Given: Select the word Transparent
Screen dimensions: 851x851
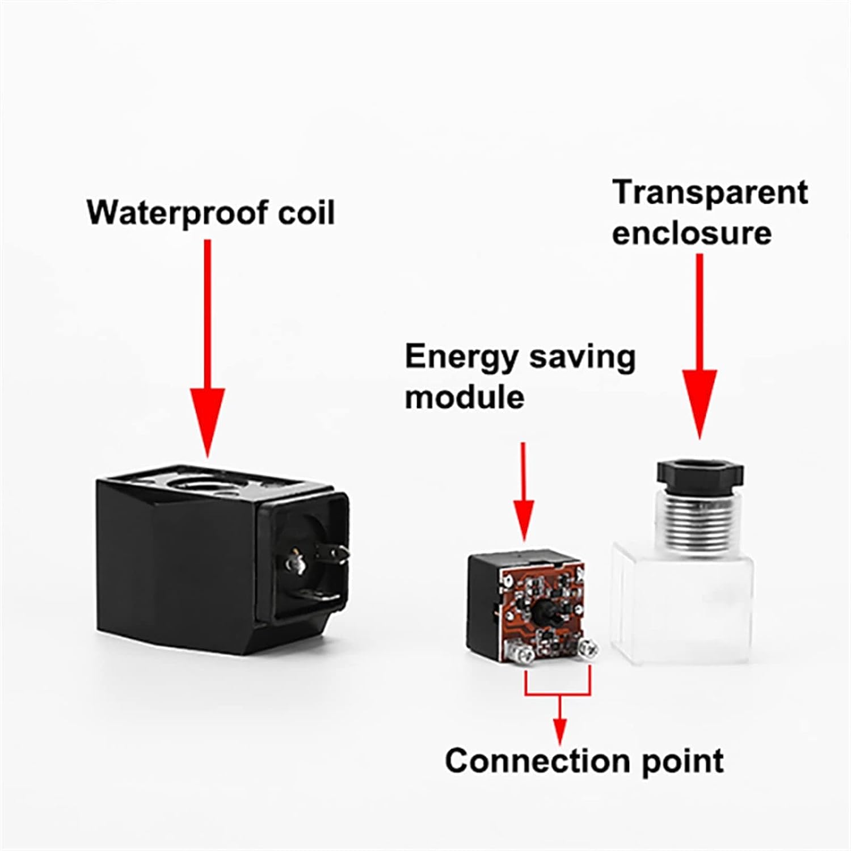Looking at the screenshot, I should pos(710,193).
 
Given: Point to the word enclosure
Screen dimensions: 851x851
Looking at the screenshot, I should pos(692,233).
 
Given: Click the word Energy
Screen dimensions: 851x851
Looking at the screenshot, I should pos(462,357).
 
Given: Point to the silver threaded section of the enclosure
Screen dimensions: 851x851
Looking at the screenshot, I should pos(700,516).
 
